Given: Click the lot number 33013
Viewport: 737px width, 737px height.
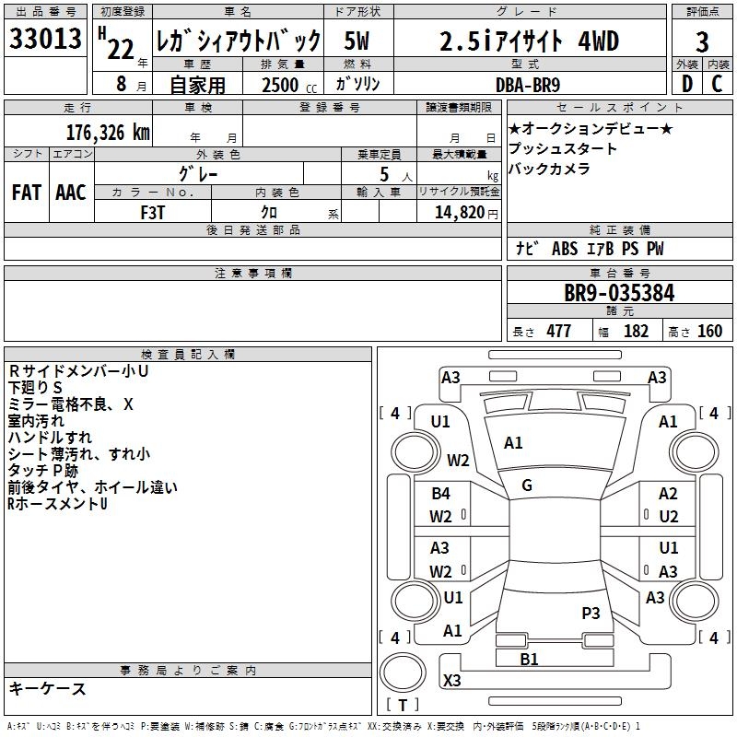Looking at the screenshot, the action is click(45, 39).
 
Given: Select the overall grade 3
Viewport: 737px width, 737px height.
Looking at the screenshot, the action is click(702, 41).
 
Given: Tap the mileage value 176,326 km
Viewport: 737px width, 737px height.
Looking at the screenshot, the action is click(108, 133).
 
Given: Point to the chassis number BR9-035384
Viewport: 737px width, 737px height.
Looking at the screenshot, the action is click(619, 293).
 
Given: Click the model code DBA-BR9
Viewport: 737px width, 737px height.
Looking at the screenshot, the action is click(528, 85).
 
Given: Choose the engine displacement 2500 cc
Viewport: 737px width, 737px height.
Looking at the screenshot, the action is click(289, 85).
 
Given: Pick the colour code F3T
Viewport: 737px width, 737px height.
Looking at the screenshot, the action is click(153, 213).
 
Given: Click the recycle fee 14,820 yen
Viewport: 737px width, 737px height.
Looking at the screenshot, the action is click(466, 213).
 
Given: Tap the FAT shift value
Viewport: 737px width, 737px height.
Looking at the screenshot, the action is click(27, 193).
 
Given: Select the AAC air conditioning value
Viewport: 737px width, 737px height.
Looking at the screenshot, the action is click(71, 193).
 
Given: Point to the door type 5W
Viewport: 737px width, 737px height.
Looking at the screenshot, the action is click(357, 41).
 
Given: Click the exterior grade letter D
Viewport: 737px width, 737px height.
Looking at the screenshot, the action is click(687, 84).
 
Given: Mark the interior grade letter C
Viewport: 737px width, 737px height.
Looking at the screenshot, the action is click(717, 84).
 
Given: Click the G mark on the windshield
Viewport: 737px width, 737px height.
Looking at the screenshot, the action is click(527, 485).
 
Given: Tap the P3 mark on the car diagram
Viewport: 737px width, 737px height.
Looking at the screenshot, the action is click(591, 614).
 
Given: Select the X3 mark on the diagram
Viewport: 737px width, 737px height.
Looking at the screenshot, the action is click(452, 680).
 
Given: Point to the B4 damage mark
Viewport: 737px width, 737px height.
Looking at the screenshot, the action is click(441, 494).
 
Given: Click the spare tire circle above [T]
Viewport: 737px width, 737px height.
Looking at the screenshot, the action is click(403, 673).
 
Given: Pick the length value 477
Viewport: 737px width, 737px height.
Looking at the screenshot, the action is click(559, 332).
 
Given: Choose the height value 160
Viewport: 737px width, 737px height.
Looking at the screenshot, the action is click(709, 332).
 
